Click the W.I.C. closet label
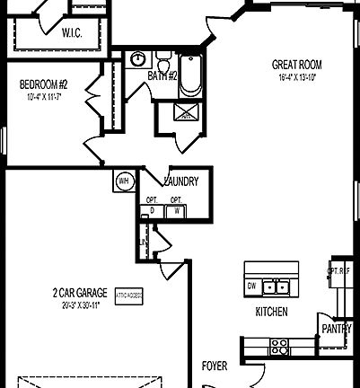[x=74, y=33]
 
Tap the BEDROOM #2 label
[x=44, y=85]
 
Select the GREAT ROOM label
[x=297, y=65]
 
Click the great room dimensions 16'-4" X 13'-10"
[x=297, y=77]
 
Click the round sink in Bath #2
[x=137, y=59]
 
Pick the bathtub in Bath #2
[x=191, y=77]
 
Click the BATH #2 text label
[x=162, y=76]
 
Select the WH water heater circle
[x=123, y=181]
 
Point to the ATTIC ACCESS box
[x=128, y=294]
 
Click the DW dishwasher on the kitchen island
[x=252, y=287]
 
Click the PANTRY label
[x=338, y=329]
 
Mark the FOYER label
[x=214, y=366]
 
